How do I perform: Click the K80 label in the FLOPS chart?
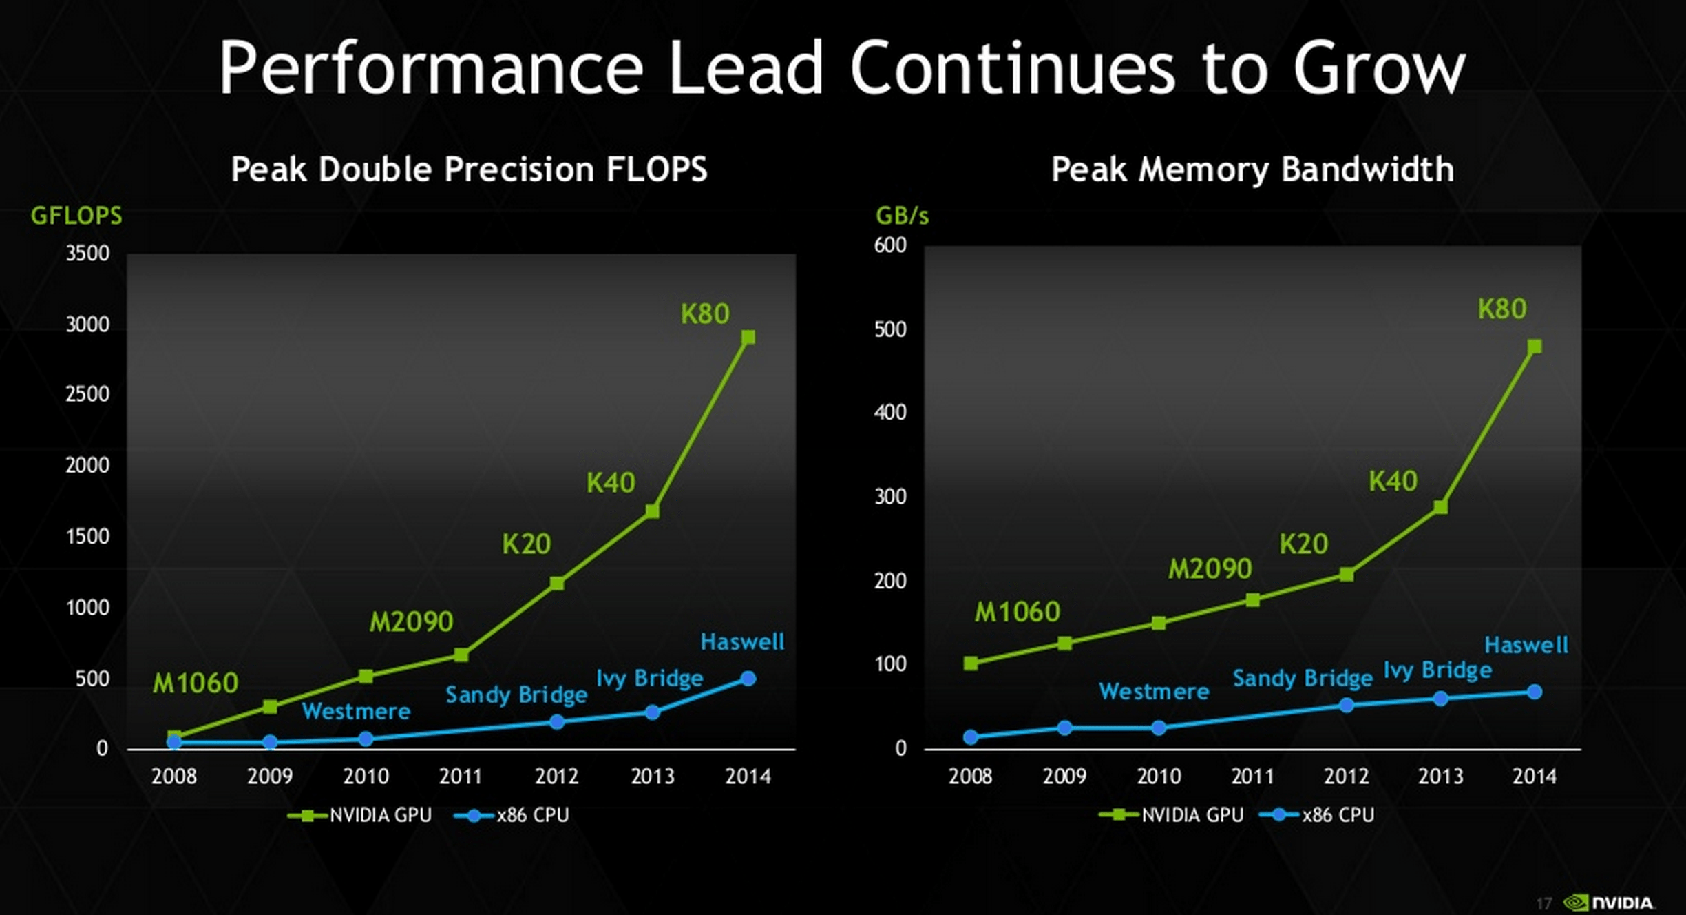[x=705, y=314]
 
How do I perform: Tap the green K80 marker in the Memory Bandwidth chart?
[x=1534, y=347]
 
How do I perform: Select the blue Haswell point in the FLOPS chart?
[x=748, y=679]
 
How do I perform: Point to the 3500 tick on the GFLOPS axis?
[x=87, y=254]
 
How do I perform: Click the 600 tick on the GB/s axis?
[x=890, y=245]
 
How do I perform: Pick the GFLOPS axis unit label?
[x=76, y=216]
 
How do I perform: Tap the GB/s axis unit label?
[x=902, y=216]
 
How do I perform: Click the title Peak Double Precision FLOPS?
[x=469, y=169]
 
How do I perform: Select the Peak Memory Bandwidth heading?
[x=1252, y=169]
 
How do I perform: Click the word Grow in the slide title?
[x=1379, y=68]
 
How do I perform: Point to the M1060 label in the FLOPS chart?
[x=196, y=683]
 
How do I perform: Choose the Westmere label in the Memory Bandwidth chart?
[x=1154, y=691]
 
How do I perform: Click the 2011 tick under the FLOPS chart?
[x=461, y=777]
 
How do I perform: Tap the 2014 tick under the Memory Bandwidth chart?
[x=1534, y=777]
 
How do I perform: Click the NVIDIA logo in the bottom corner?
[x=1610, y=903]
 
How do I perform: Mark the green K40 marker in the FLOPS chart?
[x=652, y=511]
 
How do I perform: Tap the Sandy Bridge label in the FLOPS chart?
[x=516, y=695]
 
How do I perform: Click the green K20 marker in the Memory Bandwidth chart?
[x=1347, y=575]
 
